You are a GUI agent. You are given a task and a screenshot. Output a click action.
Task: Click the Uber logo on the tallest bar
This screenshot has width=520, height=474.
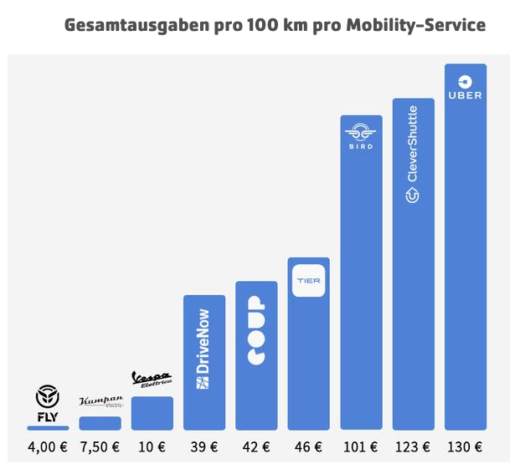tap(465, 87)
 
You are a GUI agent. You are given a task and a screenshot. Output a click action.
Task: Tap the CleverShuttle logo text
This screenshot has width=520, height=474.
tap(412, 155)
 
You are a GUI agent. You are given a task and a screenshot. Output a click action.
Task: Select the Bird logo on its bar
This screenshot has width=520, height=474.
tap(361, 136)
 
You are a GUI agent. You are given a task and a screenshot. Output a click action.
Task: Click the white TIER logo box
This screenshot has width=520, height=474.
tap(308, 280)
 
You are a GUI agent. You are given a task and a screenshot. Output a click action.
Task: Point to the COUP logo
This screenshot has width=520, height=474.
tap(256, 330)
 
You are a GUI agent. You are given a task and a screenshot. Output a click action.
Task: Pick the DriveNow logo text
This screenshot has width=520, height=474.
tap(203, 349)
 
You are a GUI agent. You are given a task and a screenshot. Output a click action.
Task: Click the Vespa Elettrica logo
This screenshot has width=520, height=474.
tap(152, 380)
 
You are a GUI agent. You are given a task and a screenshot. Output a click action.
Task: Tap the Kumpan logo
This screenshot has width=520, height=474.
tap(100, 403)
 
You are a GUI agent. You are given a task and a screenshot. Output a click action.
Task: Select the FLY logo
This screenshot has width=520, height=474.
tap(48, 403)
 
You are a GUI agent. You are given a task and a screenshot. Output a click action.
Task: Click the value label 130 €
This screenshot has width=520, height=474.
tap(465, 446)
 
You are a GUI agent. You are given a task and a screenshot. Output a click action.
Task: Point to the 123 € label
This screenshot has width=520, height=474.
tap(413, 446)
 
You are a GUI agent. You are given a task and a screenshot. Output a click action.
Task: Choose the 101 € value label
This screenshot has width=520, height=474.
tap(361, 446)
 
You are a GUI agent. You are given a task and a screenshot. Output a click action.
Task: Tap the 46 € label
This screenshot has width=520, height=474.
tap(308, 446)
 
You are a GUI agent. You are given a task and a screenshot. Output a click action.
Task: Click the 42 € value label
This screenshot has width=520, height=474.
tap(256, 446)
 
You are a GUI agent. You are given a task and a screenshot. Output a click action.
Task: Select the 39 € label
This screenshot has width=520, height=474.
tap(203, 446)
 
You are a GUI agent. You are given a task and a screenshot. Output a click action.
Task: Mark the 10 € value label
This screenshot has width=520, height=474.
tap(152, 446)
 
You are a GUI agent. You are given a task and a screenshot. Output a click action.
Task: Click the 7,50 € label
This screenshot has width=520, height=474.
tap(100, 446)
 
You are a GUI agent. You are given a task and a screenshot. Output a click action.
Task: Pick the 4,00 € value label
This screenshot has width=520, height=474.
tap(48, 446)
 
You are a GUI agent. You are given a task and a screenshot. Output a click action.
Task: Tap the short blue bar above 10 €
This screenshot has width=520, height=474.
tap(152, 413)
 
